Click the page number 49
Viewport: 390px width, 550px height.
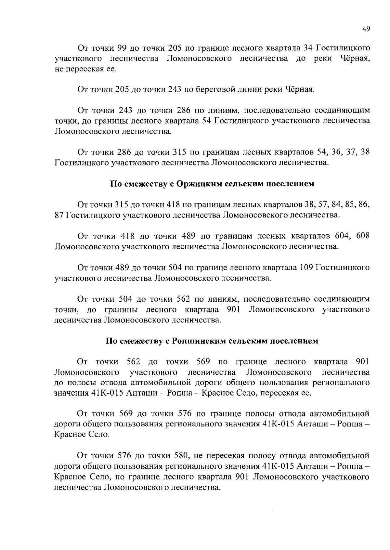coord(366,29)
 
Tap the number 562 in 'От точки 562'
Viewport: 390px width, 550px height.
coord(133,362)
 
